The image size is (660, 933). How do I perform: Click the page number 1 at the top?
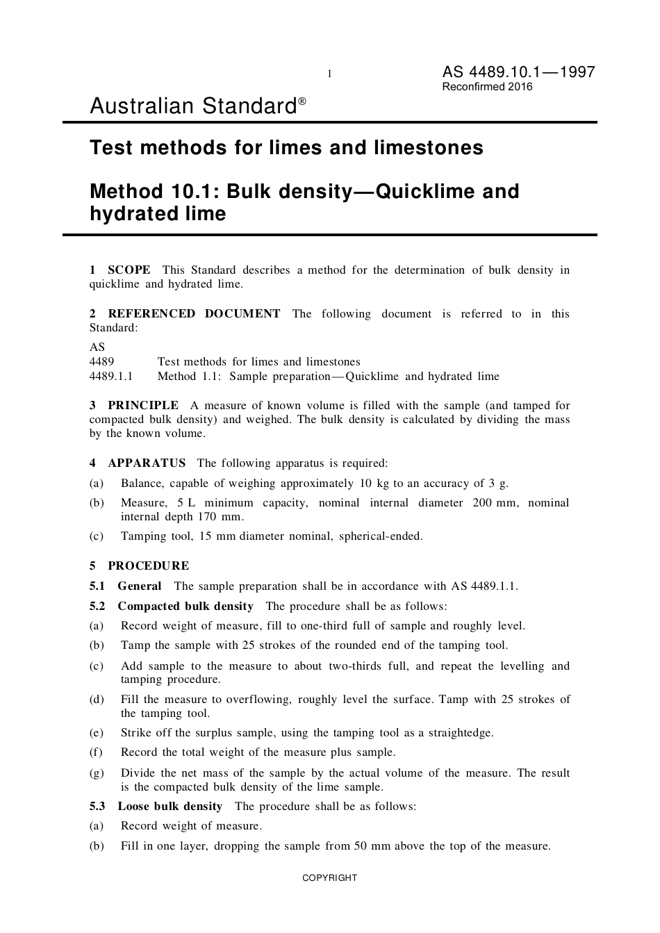(x=329, y=74)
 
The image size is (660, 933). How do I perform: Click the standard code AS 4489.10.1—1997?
(x=518, y=72)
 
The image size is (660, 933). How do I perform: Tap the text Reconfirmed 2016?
(x=487, y=87)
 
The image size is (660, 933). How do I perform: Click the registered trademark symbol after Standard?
(x=302, y=101)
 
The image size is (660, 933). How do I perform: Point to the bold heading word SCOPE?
(x=129, y=270)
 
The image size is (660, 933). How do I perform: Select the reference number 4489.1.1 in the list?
(x=111, y=376)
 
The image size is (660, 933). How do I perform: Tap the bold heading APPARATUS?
(x=147, y=463)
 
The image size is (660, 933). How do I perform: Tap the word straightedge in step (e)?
(x=461, y=732)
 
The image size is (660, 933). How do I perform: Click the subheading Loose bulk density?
(x=170, y=806)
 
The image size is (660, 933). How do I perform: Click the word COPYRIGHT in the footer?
(x=329, y=877)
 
